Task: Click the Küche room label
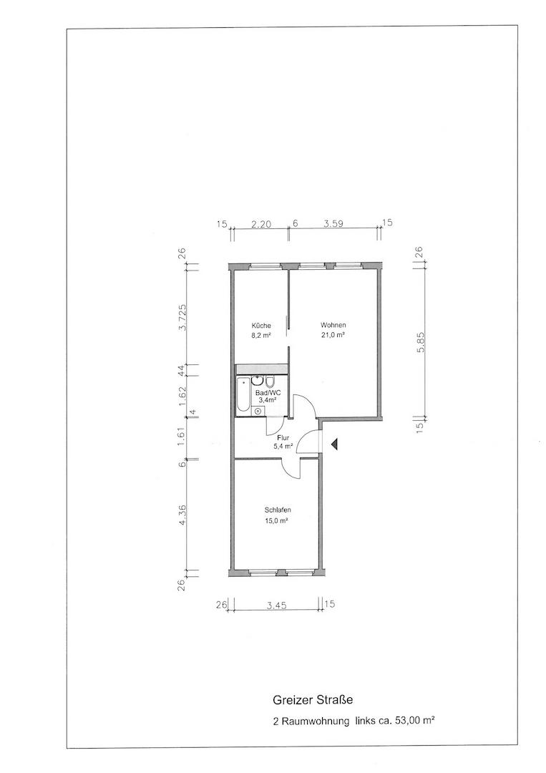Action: coord(261,326)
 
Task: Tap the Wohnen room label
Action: coord(333,325)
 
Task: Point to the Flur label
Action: coord(283,438)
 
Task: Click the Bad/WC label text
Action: coord(265,393)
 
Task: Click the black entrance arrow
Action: coord(335,444)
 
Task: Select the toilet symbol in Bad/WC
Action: coord(270,381)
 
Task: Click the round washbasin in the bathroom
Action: coord(258,381)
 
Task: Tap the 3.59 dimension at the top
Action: coord(333,223)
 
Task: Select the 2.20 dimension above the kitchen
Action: coord(261,223)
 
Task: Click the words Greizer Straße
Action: coord(313,699)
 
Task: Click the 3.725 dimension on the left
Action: coord(182,318)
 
